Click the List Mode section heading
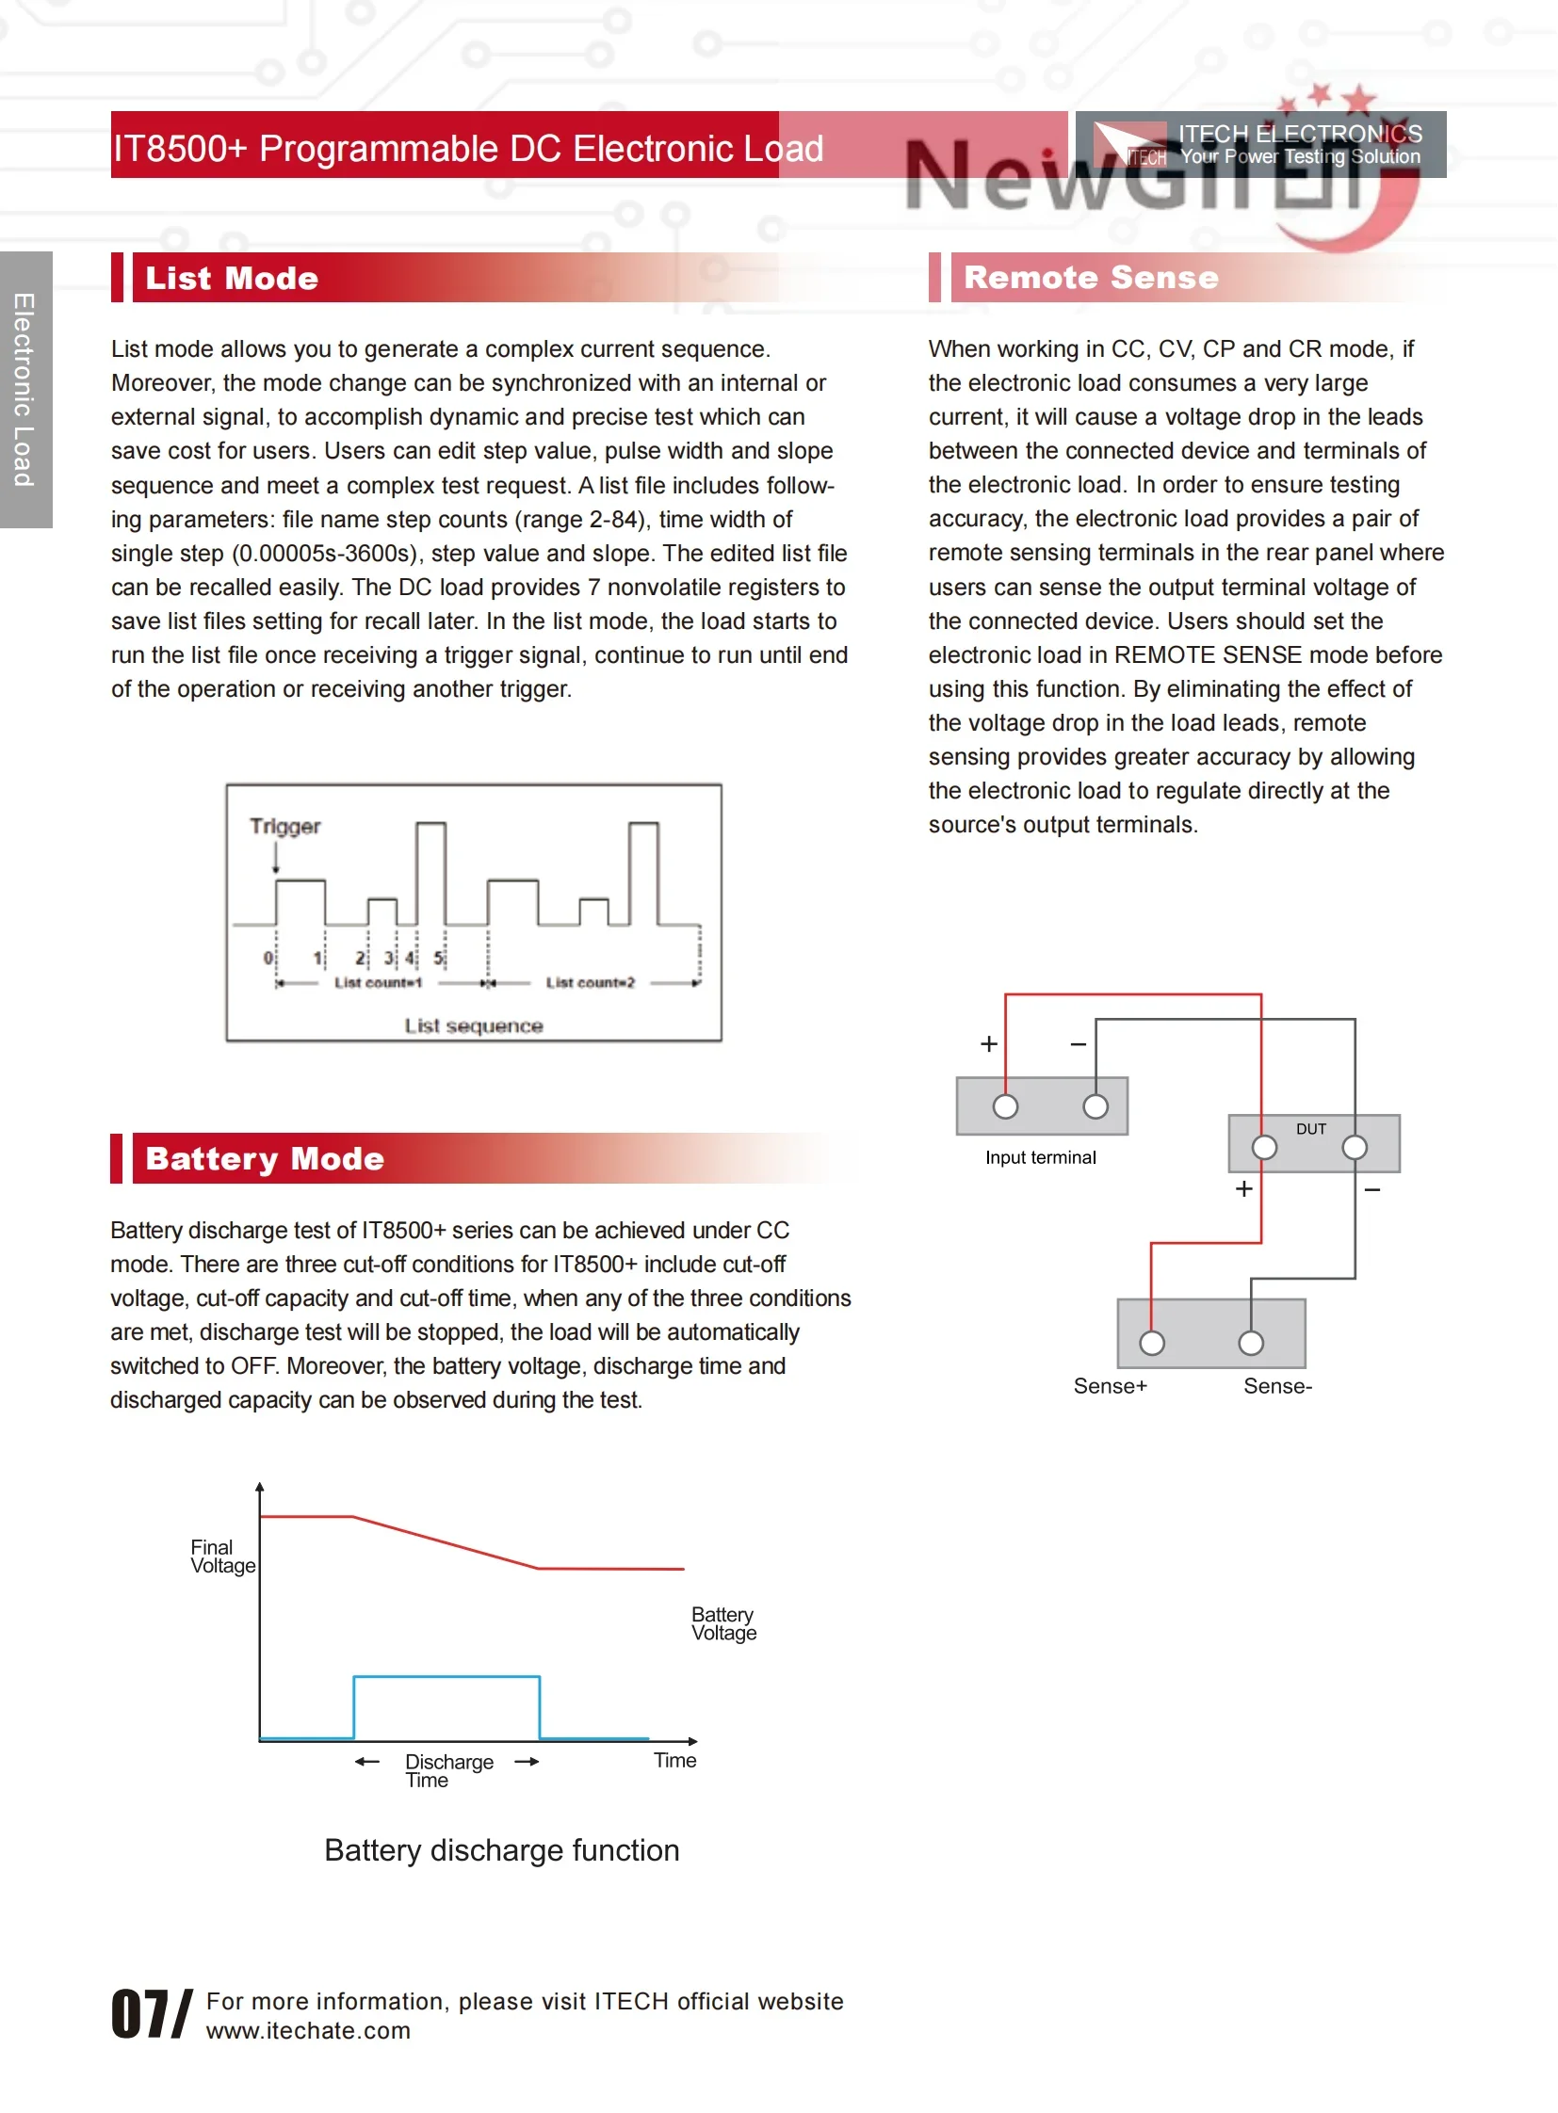pos(232,278)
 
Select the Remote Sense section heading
pos(1090,277)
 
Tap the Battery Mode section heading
pos(264,1158)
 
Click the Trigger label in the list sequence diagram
pos(284,826)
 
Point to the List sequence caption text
pos(474,1024)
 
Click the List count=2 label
pos(590,982)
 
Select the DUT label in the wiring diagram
pos(1310,1129)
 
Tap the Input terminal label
pos(1040,1157)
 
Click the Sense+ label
pos(1109,1385)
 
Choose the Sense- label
pos(1277,1385)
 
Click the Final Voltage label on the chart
pos(221,1556)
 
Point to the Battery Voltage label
pos(723,1622)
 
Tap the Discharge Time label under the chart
pos(448,1770)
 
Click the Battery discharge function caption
pos(502,1850)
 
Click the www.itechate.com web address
pos(308,2030)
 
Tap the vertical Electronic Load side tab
pos(25,390)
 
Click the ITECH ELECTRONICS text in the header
pos(1300,134)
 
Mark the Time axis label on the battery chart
pos(675,1759)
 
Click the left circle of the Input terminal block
pos(1005,1106)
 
